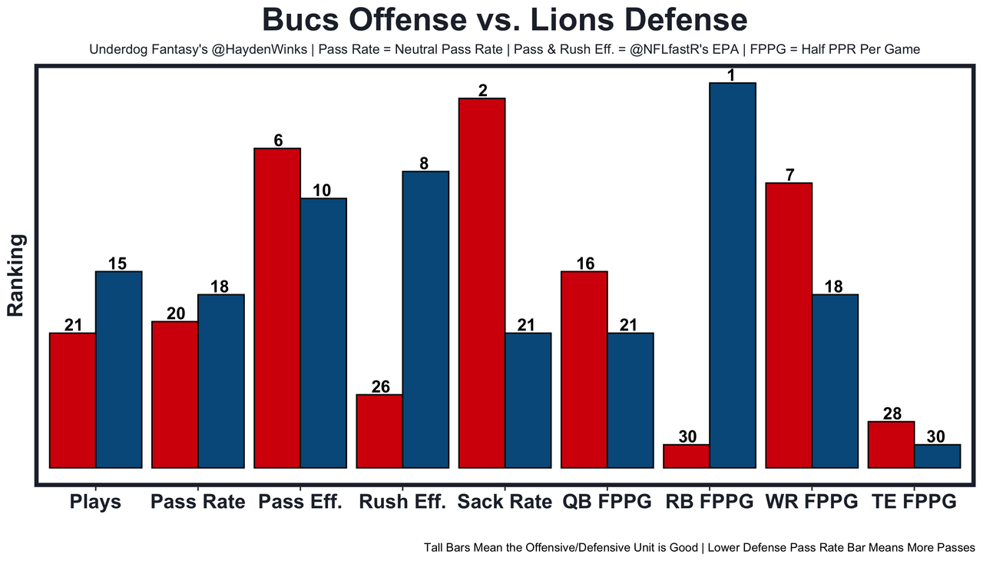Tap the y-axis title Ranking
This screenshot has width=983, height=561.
click(16, 276)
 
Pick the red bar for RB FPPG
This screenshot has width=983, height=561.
click(687, 456)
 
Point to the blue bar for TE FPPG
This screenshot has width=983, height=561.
click(937, 456)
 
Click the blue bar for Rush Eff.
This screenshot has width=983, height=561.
click(425, 319)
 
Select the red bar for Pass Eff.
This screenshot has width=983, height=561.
click(277, 307)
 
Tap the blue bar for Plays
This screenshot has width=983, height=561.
click(118, 369)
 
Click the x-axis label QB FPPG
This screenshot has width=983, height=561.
click(607, 503)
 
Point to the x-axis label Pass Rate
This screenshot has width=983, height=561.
click(198, 503)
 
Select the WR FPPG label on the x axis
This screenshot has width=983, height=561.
click(812, 503)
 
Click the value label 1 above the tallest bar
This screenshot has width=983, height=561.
click(732, 75)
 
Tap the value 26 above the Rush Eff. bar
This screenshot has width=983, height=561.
click(380, 387)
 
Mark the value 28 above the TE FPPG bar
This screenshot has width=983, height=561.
click(892, 413)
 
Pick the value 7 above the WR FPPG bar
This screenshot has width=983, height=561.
click(789, 175)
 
